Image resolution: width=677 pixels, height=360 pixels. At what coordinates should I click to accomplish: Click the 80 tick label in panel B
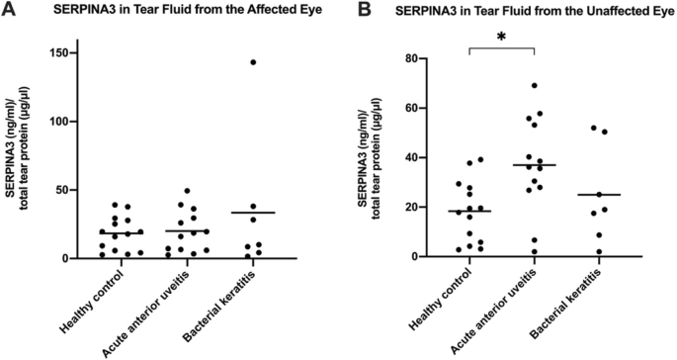[x=423, y=58]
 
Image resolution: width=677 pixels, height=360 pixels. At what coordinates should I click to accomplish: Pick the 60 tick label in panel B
[x=423, y=108]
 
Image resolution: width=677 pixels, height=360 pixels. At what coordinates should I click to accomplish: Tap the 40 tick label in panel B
[x=423, y=157]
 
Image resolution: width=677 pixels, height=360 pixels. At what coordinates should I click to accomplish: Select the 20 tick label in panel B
[x=423, y=207]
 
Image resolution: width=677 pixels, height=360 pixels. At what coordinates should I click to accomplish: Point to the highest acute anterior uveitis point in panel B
[x=535, y=86]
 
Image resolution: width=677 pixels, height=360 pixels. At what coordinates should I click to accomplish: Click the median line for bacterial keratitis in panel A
[x=254, y=213]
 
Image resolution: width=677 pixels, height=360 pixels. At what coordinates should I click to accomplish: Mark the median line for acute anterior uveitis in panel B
[x=535, y=165]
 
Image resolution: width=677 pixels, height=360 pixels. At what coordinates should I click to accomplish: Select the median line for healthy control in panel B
[x=468, y=211]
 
